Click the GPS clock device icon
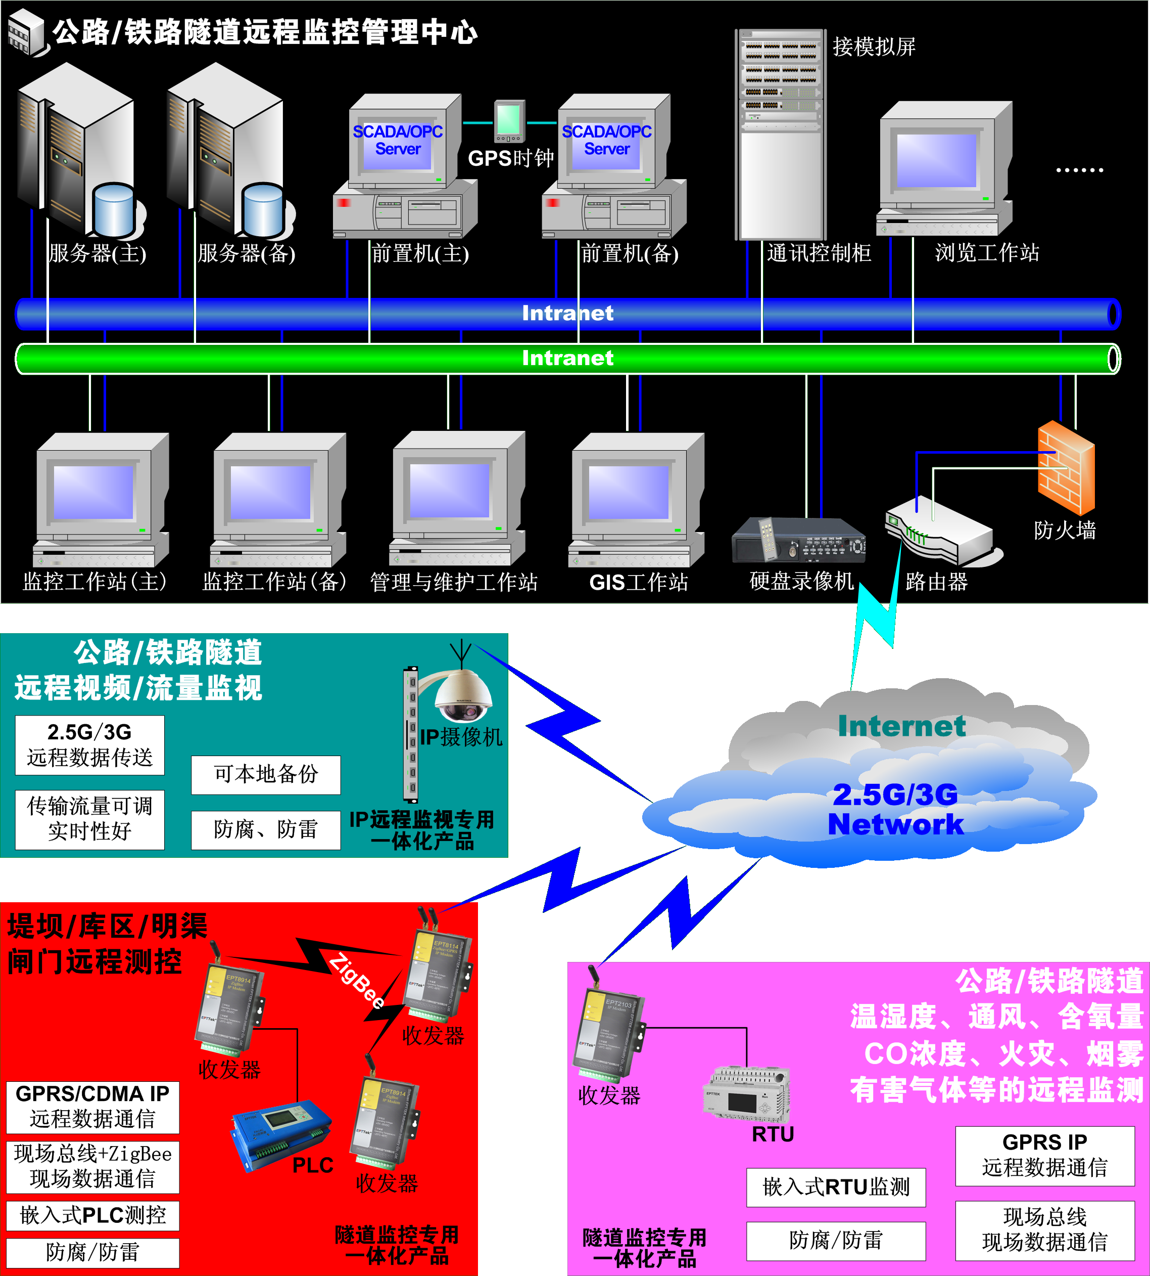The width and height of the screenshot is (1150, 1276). tap(509, 121)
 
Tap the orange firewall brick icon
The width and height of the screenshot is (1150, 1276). tap(1066, 468)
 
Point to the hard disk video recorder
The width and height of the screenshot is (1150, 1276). tap(798, 541)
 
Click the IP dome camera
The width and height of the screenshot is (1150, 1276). tap(463, 695)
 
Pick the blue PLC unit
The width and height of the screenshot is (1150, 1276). tap(281, 1132)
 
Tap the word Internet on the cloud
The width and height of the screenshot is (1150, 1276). tap(902, 726)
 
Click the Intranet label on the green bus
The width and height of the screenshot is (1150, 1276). tap(567, 358)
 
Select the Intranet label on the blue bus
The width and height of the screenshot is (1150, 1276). tap(567, 313)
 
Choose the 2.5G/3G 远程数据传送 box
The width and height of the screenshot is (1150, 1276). tap(90, 745)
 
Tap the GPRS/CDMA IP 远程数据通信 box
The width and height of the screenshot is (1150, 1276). tap(92, 1107)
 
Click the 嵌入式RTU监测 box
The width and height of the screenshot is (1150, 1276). tap(835, 1187)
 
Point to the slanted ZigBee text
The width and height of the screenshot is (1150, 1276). tap(357, 980)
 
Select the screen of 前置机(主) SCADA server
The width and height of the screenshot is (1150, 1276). tap(398, 142)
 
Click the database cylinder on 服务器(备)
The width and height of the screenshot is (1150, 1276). tap(263, 210)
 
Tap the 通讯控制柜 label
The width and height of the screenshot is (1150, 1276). tap(819, 253)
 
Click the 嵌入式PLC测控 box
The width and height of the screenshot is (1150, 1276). tap(92, 1215)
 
